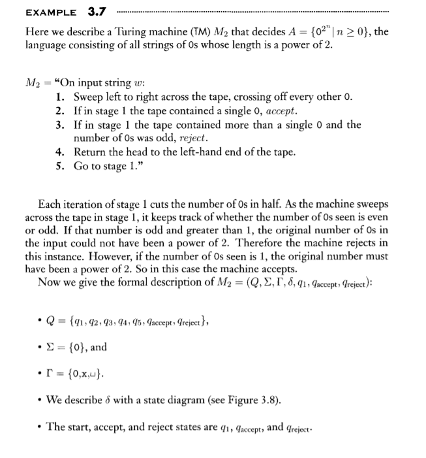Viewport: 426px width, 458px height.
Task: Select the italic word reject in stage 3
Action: [x=193, y=139]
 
